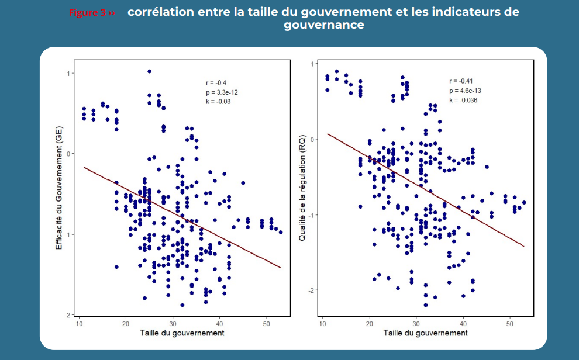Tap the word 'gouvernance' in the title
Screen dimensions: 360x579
point(324,26)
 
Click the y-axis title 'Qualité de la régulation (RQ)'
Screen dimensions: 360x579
point(302,186)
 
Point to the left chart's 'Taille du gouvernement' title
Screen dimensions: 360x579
point(182,333)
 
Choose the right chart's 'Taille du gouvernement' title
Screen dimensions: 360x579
point(425,333)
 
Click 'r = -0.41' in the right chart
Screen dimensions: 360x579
point(460,81)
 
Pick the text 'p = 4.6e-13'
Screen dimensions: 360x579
point(466,91)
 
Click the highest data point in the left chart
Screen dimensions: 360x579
point(149,71)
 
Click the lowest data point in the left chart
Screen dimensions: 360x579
point(182,305)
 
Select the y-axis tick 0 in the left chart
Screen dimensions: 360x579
point(69,154)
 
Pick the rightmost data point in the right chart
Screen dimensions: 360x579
point(524,203)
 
